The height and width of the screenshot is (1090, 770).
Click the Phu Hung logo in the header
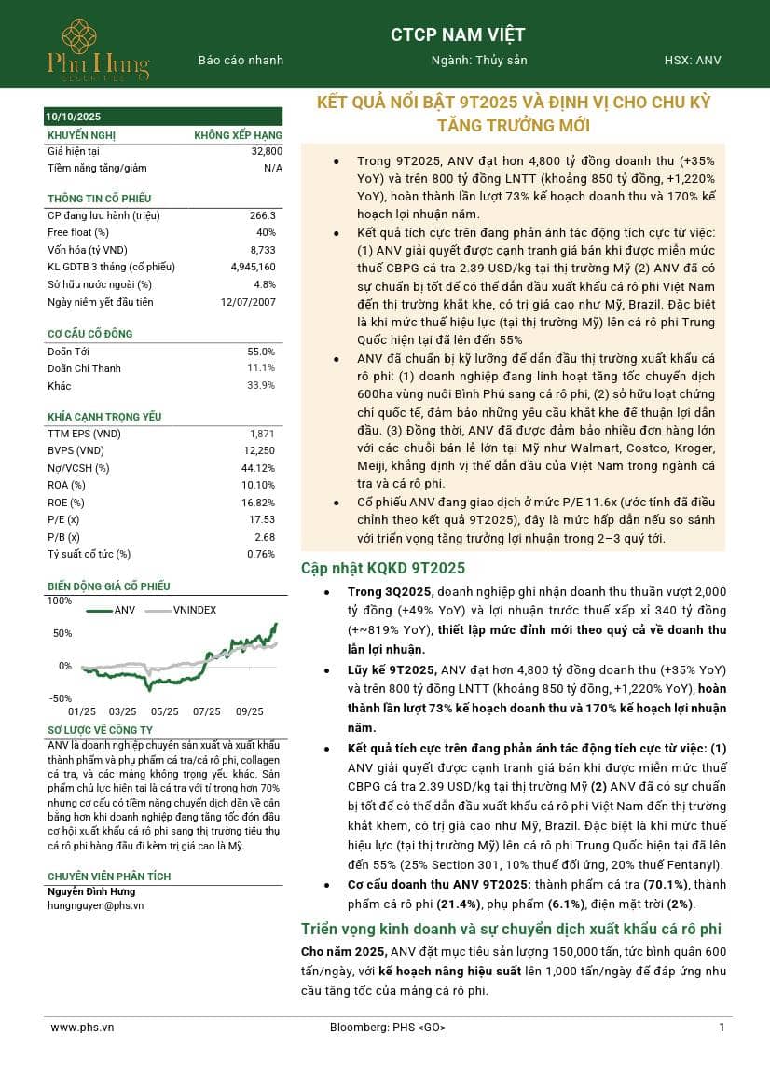98,48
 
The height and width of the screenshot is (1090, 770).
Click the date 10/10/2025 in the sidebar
74,117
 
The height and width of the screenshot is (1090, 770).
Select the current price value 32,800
267,150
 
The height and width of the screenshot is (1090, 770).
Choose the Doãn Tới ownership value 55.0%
261,352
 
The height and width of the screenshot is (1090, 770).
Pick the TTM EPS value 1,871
263,434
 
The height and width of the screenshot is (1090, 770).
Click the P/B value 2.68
266,537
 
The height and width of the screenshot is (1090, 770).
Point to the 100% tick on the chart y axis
59,600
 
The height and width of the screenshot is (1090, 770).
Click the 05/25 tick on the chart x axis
164,711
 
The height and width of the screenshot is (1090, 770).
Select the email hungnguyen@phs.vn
95,905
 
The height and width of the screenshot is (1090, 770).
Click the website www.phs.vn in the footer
82,1028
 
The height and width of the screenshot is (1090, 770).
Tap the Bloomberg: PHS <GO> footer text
388,1028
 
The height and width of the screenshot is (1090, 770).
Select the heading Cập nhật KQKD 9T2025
382,569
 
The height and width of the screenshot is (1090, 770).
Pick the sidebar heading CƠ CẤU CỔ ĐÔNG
90,334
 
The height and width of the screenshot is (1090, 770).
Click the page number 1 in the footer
722,1028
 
